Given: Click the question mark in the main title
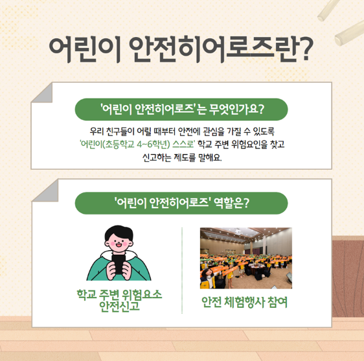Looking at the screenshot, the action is point(302,49).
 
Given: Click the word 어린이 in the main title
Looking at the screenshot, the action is point(84,49).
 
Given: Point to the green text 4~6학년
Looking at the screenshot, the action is point(154,145).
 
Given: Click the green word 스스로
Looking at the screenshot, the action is point(183,145).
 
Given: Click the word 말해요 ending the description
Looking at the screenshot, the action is point(209,157).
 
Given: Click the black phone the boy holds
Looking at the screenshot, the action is point(119,264).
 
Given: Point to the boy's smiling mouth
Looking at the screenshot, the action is point(119,244).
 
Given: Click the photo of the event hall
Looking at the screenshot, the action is point(246,258).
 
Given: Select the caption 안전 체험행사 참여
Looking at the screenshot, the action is point(244,302).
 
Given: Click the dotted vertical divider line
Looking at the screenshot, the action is point(182,270).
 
